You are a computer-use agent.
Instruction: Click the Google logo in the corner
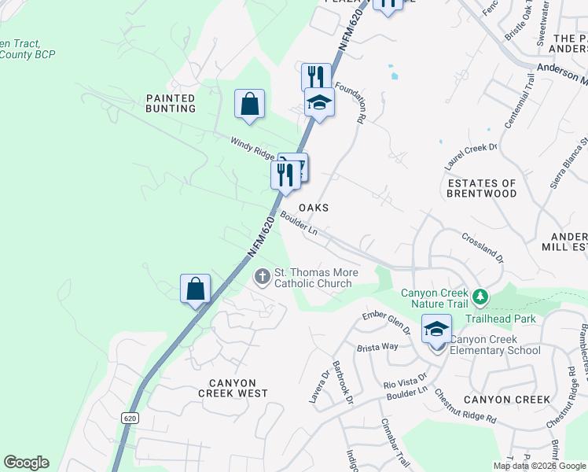coord(26,463)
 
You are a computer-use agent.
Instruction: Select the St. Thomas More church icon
coord(263,277)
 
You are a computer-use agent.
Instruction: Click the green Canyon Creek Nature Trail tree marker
coord(480,298)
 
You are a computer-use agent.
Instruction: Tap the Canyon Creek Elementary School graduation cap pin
coord(436,330)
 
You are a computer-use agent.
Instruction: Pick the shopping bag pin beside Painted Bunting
coord(249,105)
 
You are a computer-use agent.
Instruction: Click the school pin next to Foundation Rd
coord(319,103)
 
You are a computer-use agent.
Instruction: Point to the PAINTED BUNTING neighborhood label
coord(171,103)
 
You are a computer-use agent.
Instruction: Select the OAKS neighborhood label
coord(313,208)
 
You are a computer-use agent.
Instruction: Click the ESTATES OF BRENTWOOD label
coord(482,189)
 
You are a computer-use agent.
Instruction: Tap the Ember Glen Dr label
coord(386,323)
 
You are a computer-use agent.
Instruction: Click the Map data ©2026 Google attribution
coord(540,466)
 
